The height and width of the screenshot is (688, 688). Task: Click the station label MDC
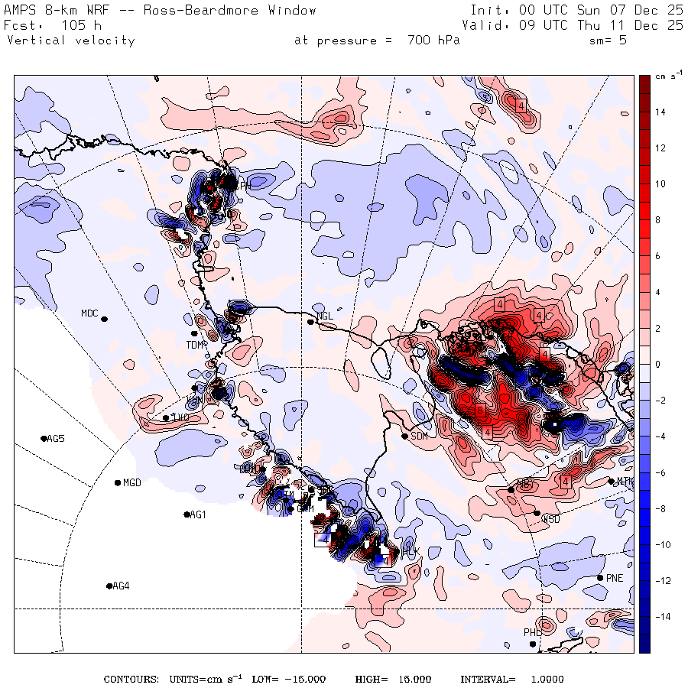[90, 313]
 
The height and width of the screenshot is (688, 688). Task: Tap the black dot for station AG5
[44, 438]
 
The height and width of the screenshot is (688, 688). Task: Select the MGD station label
[133, 482]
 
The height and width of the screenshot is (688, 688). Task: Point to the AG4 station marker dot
[109, 586]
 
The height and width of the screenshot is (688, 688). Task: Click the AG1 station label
[197, 514]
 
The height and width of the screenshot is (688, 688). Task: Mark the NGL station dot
[310, 322]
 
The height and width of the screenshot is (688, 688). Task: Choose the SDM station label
[420, 436]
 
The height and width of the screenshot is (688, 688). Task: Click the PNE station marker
[600, 577]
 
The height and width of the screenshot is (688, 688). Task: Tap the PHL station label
[532, 632]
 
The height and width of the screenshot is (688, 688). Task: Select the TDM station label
[194, 345]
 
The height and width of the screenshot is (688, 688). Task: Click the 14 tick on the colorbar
[660, 112]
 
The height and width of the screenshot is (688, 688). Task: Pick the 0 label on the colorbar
[657, 364]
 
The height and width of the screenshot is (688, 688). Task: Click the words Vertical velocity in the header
[70, 41]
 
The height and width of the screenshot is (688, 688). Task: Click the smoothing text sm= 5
[608, 41]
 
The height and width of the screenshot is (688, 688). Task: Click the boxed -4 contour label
[324, 539]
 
